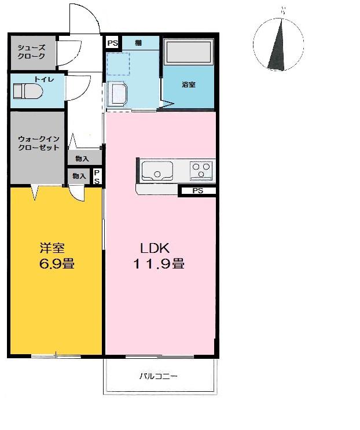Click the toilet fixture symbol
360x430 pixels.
(x=28, y=91)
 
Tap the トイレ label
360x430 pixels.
(x=44, y=79)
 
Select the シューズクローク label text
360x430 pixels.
(x=31, y=52)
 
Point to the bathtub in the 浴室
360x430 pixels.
(x=188, y=52)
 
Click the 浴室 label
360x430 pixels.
(x=189, y=84)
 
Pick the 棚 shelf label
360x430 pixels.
(x=138, y=42)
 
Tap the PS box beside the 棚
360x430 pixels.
(x=112, y=43)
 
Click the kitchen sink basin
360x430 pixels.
(x=157, y=171)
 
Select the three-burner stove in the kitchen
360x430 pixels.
(x=201, y=171)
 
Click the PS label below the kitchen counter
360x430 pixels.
(x=198, y=191)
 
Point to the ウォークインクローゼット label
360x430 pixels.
(x=39, y=143)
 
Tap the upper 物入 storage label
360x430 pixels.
(x=82, y=159)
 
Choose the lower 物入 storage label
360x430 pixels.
(x=79, y=176)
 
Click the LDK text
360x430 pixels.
(x=155, y=248)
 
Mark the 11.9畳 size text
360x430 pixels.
(x=159, y=263)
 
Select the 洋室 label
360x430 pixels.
(x=52, y=248)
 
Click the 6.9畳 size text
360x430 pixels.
(x=57, y=263)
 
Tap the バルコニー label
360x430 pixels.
(x=159, y=376)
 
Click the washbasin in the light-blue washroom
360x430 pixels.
(x=117, y=94)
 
